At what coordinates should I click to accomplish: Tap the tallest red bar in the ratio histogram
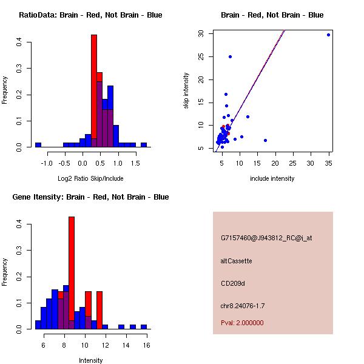94,91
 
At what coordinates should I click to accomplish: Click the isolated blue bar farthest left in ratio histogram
38,145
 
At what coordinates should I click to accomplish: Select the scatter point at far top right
328,35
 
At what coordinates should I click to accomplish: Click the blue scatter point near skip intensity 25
230,56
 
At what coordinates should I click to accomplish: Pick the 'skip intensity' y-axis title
187,91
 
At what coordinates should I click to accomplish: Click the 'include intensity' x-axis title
272,178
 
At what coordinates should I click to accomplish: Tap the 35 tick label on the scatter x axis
328,163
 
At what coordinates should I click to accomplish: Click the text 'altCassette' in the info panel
237,261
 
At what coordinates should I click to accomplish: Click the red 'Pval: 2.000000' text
243,323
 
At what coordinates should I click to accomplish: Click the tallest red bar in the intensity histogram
72,273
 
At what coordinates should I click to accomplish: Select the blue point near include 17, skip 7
265,140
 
